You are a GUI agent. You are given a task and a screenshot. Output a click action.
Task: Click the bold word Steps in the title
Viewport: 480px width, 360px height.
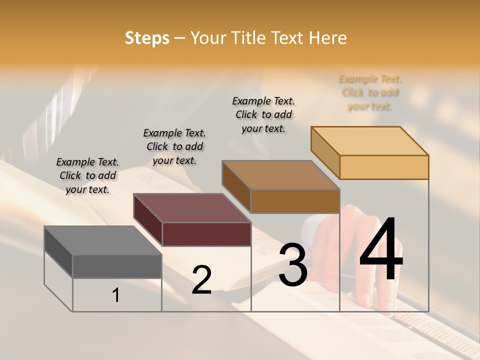click(x=147, y=38)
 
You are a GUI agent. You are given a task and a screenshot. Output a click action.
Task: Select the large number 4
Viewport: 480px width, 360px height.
click(x=381, y=250)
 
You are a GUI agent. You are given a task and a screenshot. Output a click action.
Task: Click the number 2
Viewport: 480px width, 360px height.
click(x=201, y=280)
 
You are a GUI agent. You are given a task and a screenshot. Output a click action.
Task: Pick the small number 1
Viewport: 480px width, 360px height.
click(x=116, y=295)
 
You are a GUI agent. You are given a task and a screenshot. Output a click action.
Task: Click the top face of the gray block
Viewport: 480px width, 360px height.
click(x=103, y=240)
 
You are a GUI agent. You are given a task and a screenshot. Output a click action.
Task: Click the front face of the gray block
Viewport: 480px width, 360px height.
click(x=117, y=266)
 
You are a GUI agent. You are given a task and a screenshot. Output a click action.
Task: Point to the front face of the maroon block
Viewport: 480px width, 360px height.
click(x=206, y=234)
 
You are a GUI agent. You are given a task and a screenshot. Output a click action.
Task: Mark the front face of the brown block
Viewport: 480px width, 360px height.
click(x=295, y=201)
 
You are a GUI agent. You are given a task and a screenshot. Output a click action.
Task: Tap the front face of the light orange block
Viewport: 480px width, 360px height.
click(x=384, y=167)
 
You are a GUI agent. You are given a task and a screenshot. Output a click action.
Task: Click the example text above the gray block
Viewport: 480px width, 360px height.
click(x=87, y=175)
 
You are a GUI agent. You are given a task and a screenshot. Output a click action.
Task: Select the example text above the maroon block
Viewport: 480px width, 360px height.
click(x=174, y=146)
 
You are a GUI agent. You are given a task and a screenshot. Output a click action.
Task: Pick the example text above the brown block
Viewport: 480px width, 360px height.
click(x=263, y=114)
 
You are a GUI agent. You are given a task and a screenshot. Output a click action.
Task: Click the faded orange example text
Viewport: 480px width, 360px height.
click(x=370, y=92)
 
